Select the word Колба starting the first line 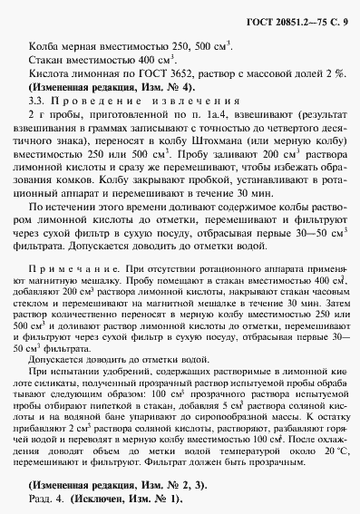coord(44,45)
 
